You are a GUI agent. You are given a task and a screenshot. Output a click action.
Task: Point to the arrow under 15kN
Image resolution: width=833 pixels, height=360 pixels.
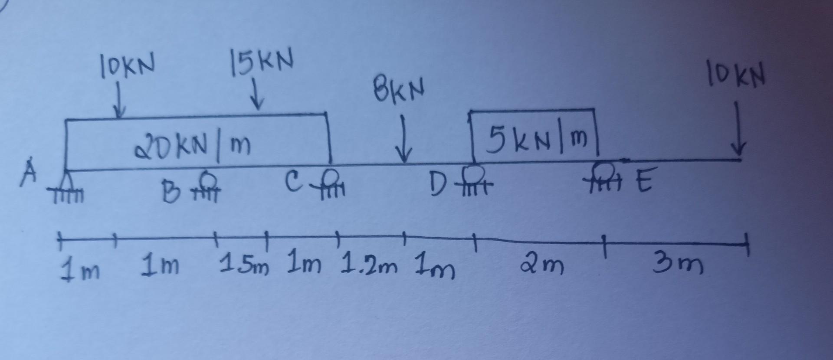pos(259,96)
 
